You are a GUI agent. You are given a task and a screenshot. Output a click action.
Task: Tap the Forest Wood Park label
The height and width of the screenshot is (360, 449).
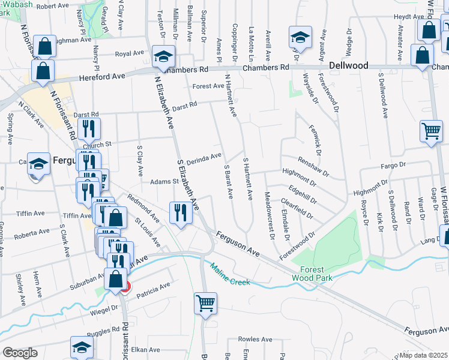pyautogui.click(x=308, y=274)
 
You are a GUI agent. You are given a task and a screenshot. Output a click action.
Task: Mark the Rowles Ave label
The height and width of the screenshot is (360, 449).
pyautogui.click(x=252, y=339)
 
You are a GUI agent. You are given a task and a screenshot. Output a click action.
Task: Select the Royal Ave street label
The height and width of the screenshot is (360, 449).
pyautogui.click(x=130, y=53)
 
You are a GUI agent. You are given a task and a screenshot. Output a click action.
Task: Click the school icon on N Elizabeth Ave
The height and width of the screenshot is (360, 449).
pyautogui.click(x=163, y=57)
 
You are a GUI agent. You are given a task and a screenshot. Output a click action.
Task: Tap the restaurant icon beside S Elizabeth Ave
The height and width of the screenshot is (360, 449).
pyautogui.click(x=180, y=212)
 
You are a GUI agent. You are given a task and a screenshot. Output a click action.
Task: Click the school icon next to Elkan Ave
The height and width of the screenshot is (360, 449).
pyautogui.click(x=82, y=348)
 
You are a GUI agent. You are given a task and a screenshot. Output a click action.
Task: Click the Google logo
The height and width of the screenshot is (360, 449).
pyautogui.click(x=20, y=353)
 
